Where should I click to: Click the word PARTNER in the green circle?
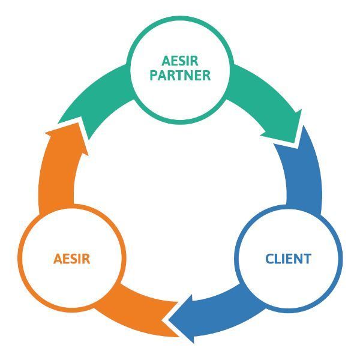[180, 76]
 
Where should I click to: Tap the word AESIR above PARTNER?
[180, 61]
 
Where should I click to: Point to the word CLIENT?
[288, 259]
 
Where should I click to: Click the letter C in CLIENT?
[269, 259]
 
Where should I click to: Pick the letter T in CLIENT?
[307, 259]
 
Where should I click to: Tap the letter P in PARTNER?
[154, 76]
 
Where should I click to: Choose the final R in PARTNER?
[206, 76]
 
